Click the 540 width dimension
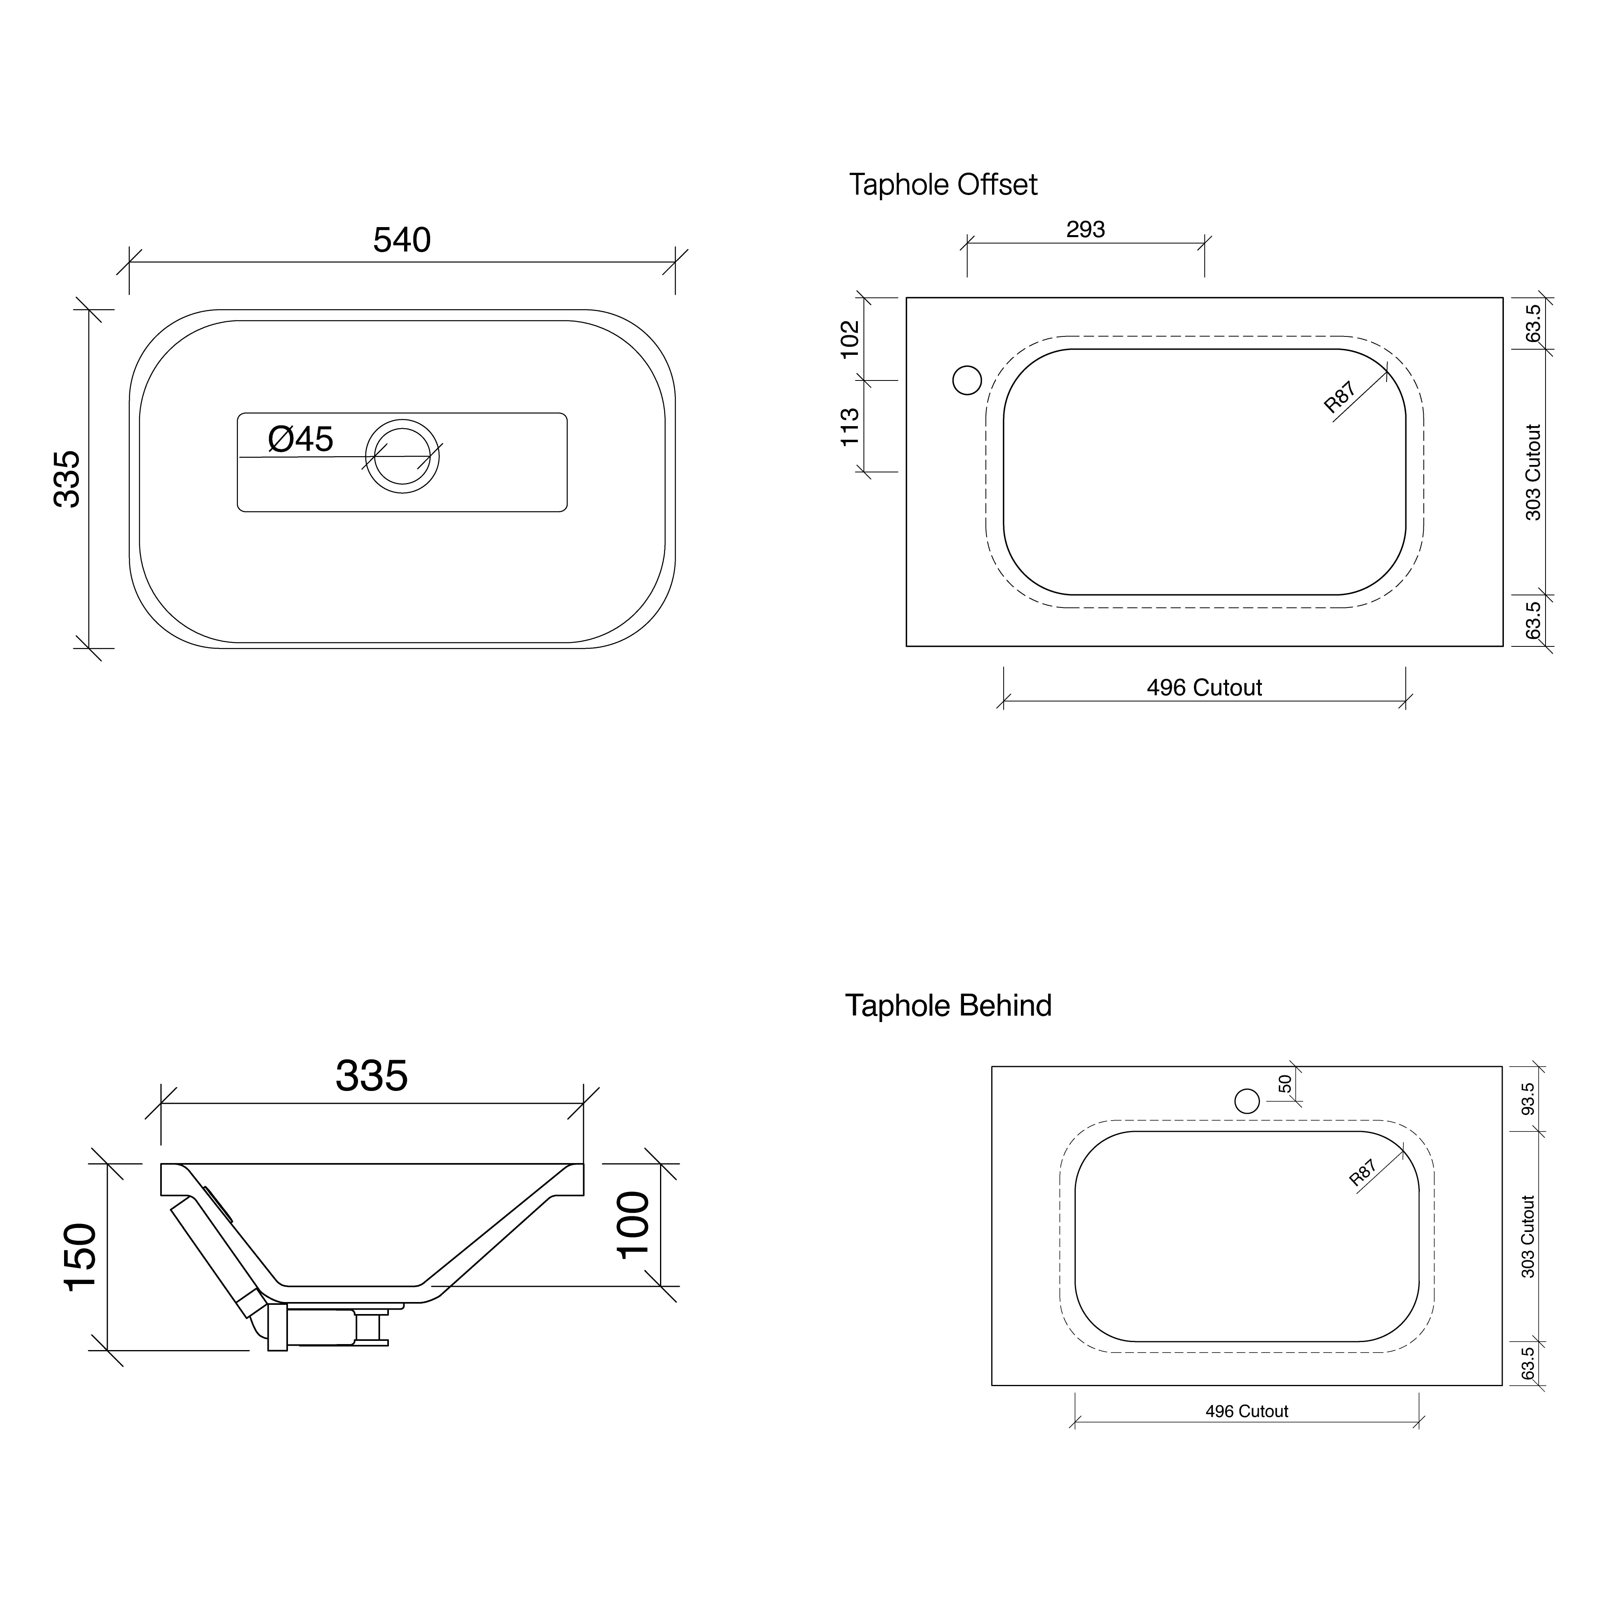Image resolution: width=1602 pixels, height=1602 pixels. pos(401,240)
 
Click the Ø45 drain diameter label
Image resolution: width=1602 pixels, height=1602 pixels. pos(300,439)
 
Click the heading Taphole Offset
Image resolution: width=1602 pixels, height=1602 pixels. pos(943,184)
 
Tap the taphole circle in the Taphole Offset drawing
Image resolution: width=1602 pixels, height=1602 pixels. pos(967,380)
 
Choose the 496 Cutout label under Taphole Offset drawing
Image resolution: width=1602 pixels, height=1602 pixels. pos(1204,687)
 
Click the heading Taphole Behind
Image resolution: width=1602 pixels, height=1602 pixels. pos(948,1006)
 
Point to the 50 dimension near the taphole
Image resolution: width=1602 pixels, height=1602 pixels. pos(1284,1084)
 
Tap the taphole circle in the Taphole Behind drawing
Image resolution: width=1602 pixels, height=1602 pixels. pos(1247,1101)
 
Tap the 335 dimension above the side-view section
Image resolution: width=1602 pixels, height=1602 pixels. pos(372,1076)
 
